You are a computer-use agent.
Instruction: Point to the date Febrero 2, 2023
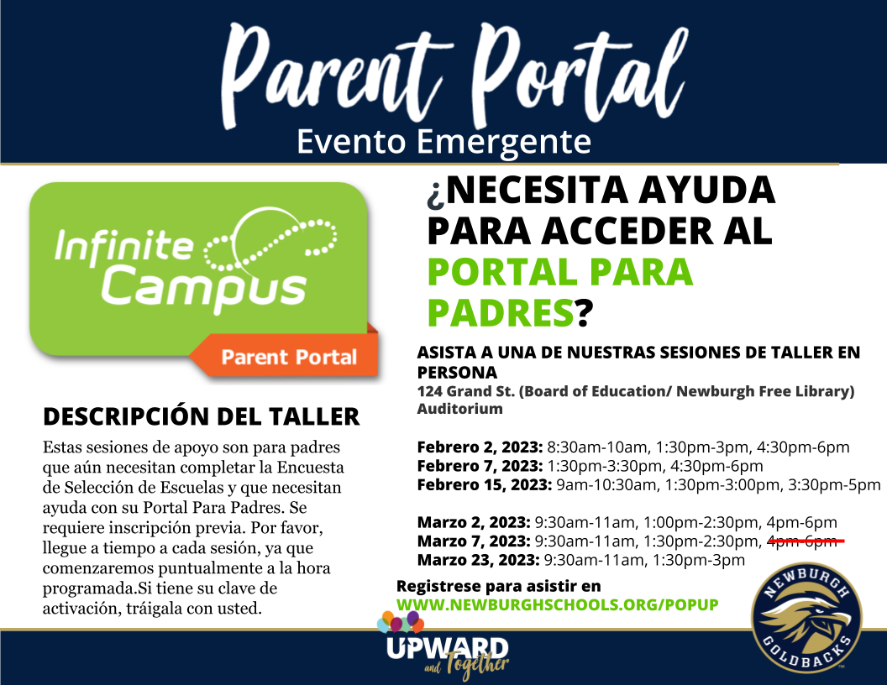(x=480, y=447)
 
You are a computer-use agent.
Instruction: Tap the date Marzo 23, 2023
(x=479, y=560)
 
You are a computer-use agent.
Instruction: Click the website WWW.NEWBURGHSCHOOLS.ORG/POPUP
(x=557, y=604)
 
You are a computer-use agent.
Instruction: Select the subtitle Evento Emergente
(x=443, y=141)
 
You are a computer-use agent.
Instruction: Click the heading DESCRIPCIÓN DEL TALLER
(x=201, y=416)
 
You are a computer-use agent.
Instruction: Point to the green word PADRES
(x=500, y=312)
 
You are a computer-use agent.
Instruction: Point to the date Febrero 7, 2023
(x=480, y=466)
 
